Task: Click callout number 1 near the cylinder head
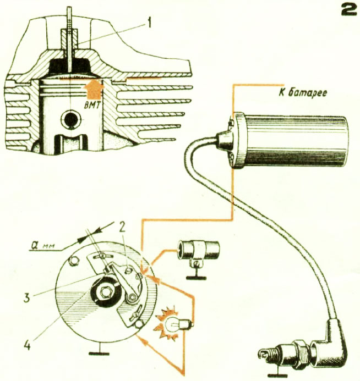(149, 23)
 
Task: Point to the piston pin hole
(71, 120)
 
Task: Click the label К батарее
(303, 93)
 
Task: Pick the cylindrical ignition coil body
(290, 140)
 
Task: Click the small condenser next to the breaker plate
(199, 250)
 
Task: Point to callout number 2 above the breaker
(122, 227)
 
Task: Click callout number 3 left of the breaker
(26, 297)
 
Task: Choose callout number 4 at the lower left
(27, 344)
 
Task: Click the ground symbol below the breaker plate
(99, 349)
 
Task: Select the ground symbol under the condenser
(196, 273)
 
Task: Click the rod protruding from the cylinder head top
(70, 39)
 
